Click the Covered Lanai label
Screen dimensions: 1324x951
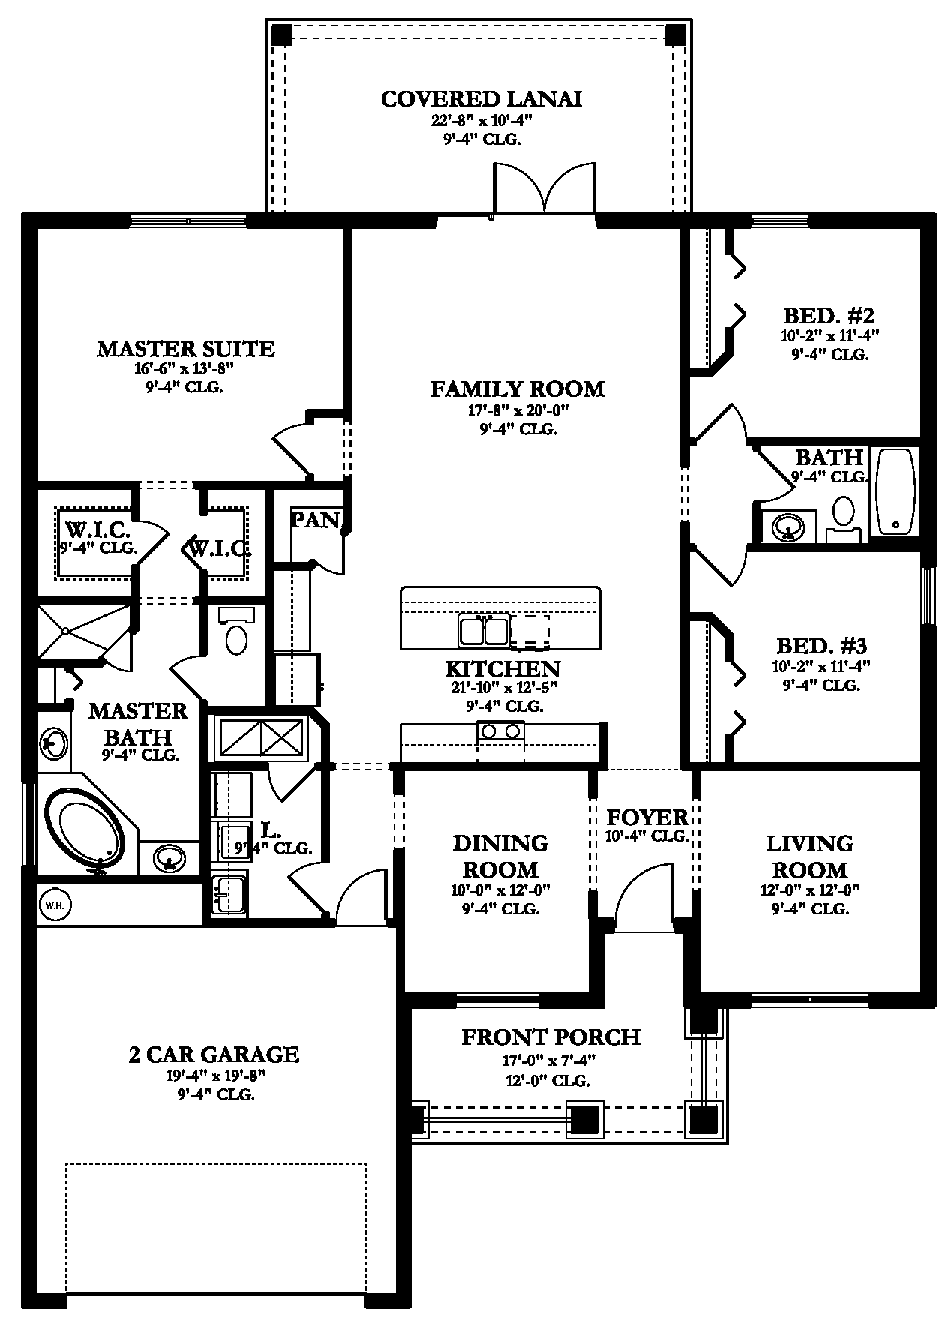481,99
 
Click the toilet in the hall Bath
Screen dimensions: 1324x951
844,512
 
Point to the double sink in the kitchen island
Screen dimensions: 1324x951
484,630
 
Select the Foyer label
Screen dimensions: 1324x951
646,817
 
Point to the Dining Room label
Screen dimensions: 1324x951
500,856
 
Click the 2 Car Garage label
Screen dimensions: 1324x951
214,1054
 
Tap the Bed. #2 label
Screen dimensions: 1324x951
829,315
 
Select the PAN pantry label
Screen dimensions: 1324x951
315,520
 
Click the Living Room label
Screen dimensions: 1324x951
809,857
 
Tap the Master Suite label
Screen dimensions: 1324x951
185,349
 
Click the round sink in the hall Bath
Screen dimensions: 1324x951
787,526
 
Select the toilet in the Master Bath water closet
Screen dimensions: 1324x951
237,638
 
